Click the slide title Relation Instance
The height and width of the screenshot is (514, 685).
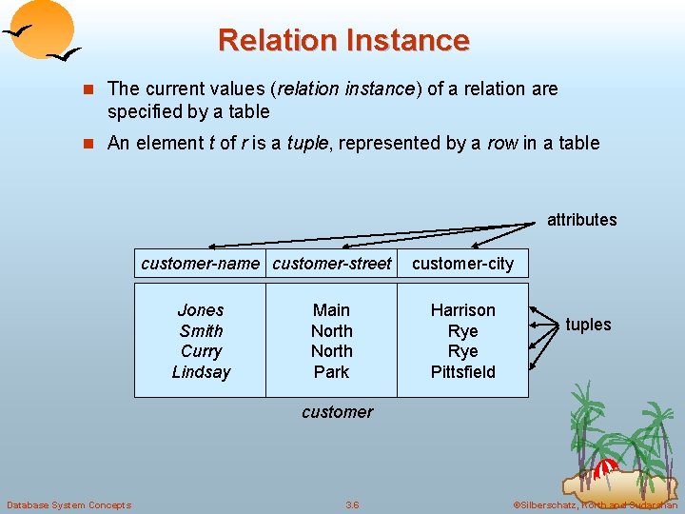(x=342, y=41)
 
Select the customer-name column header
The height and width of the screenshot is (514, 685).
(x=200, y=264)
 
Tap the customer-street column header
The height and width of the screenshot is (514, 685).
(x=331, y=264)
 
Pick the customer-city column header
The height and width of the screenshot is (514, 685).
(x=462, y=264)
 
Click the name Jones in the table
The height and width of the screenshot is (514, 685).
(x=201, y=310)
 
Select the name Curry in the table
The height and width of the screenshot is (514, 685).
(x=201, y=351)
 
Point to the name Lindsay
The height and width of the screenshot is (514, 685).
(x=201, y=372)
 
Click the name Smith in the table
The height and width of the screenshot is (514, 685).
(x=201, y=331)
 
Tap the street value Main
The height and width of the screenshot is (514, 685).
(x=331, y=310)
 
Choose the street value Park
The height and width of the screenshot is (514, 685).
(x=331, y=372)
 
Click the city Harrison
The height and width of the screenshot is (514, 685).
(x=462, y=310)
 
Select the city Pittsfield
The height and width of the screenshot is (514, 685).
(x=462, y=372)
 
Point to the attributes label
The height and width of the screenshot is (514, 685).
(x=581, y=220)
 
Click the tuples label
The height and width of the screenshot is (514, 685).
(x=588, y=325)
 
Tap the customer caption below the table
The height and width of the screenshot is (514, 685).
(x=337, y=412)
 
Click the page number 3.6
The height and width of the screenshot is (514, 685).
(x=352, y=504)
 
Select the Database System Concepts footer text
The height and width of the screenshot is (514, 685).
(x=68, y=504)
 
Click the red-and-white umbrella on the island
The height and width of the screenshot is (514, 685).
(x=605, y=468)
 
